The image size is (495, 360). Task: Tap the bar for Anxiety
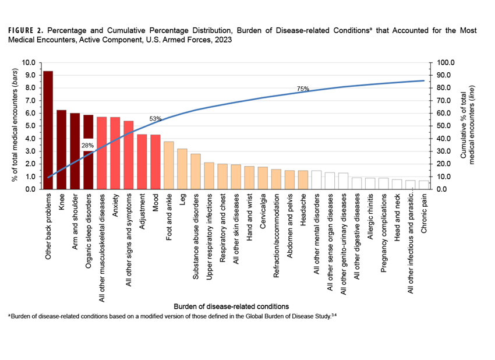[115, 153]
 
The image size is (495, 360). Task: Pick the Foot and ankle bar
[169, 165]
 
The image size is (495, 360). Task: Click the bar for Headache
[303, 179]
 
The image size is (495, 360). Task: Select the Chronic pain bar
[424, 185]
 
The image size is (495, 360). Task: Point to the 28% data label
[88, 144]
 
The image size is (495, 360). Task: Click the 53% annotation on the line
[155, 119]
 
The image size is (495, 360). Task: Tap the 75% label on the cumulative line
[303, 89]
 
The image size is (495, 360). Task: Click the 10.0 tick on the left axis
[29, 62]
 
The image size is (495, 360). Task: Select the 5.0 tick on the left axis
[30, 126]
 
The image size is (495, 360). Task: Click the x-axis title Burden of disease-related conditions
[231, 305]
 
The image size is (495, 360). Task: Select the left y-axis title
[15, 126]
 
